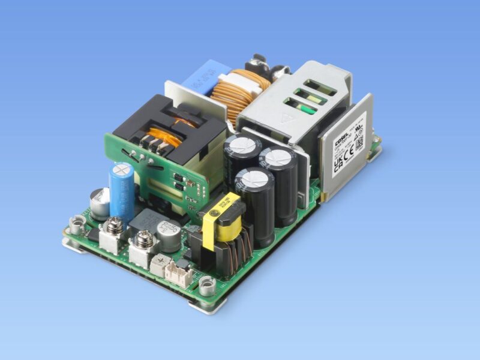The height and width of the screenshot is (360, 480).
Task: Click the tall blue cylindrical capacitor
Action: point(121,191)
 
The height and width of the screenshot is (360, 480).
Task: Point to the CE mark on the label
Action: point(349,151)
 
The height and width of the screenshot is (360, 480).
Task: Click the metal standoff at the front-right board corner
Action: point(207,287)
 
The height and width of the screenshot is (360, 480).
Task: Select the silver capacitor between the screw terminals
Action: point(168,236)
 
